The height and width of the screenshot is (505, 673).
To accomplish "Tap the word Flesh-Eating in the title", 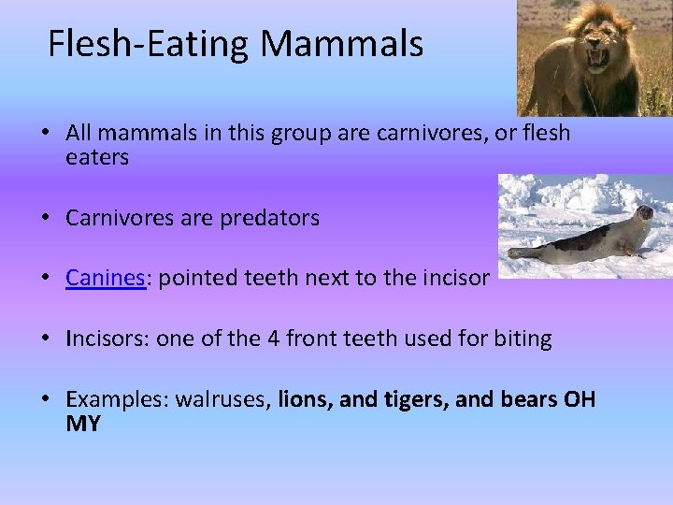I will [150, 43].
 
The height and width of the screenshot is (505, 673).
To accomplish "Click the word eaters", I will [97, 158].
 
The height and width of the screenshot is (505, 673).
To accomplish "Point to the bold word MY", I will [83, 424].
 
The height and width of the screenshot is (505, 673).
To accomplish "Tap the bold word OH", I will [579, 400].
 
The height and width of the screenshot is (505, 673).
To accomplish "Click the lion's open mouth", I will [596, 58].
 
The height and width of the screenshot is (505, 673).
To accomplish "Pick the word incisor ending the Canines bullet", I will [457, 278].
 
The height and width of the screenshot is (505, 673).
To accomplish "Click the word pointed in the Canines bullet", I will [193, 278].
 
